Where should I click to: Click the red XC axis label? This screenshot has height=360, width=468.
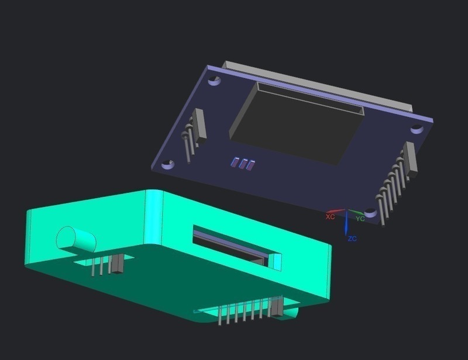pyautogui.click(x=330, y=216)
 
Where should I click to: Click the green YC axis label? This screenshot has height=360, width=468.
pyautogui.click(x=360, y=219)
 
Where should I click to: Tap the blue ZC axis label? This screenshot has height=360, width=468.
pyautogui.click(x=352, y=238)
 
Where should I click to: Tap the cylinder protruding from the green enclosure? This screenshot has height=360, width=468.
pyautogui.click(x=75, y=238)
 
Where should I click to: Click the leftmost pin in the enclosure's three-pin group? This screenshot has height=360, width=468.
pyautogui.click(x=93, y=266)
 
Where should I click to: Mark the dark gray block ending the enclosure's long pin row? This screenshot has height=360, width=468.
pyautogui.click(x=276, y=307)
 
